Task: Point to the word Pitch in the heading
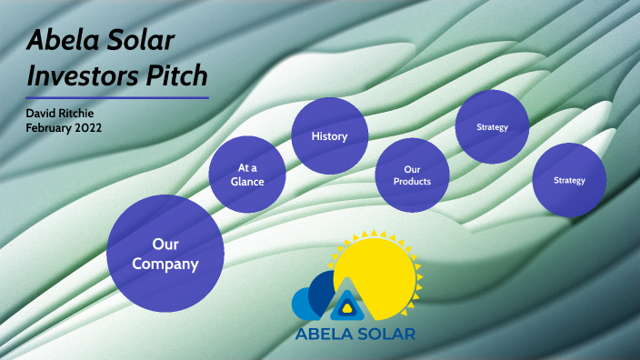pyautogui.click(x=175, y=74)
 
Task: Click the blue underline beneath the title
pyautogui.click(x=117, y=97)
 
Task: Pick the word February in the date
pyautogui.click(x=50, y=128)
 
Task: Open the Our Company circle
pyautogui.click(x=165, y=255)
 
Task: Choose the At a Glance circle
pyautogui.click(x=247, y=174)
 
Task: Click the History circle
pyautogui.click(x=329, y=136)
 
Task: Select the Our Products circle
pyautogui.click(x=412, y=175)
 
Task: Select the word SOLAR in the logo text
pyautogui.click(x=387, y=334)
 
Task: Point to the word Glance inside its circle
pyautogui.click(x=247, y=181)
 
